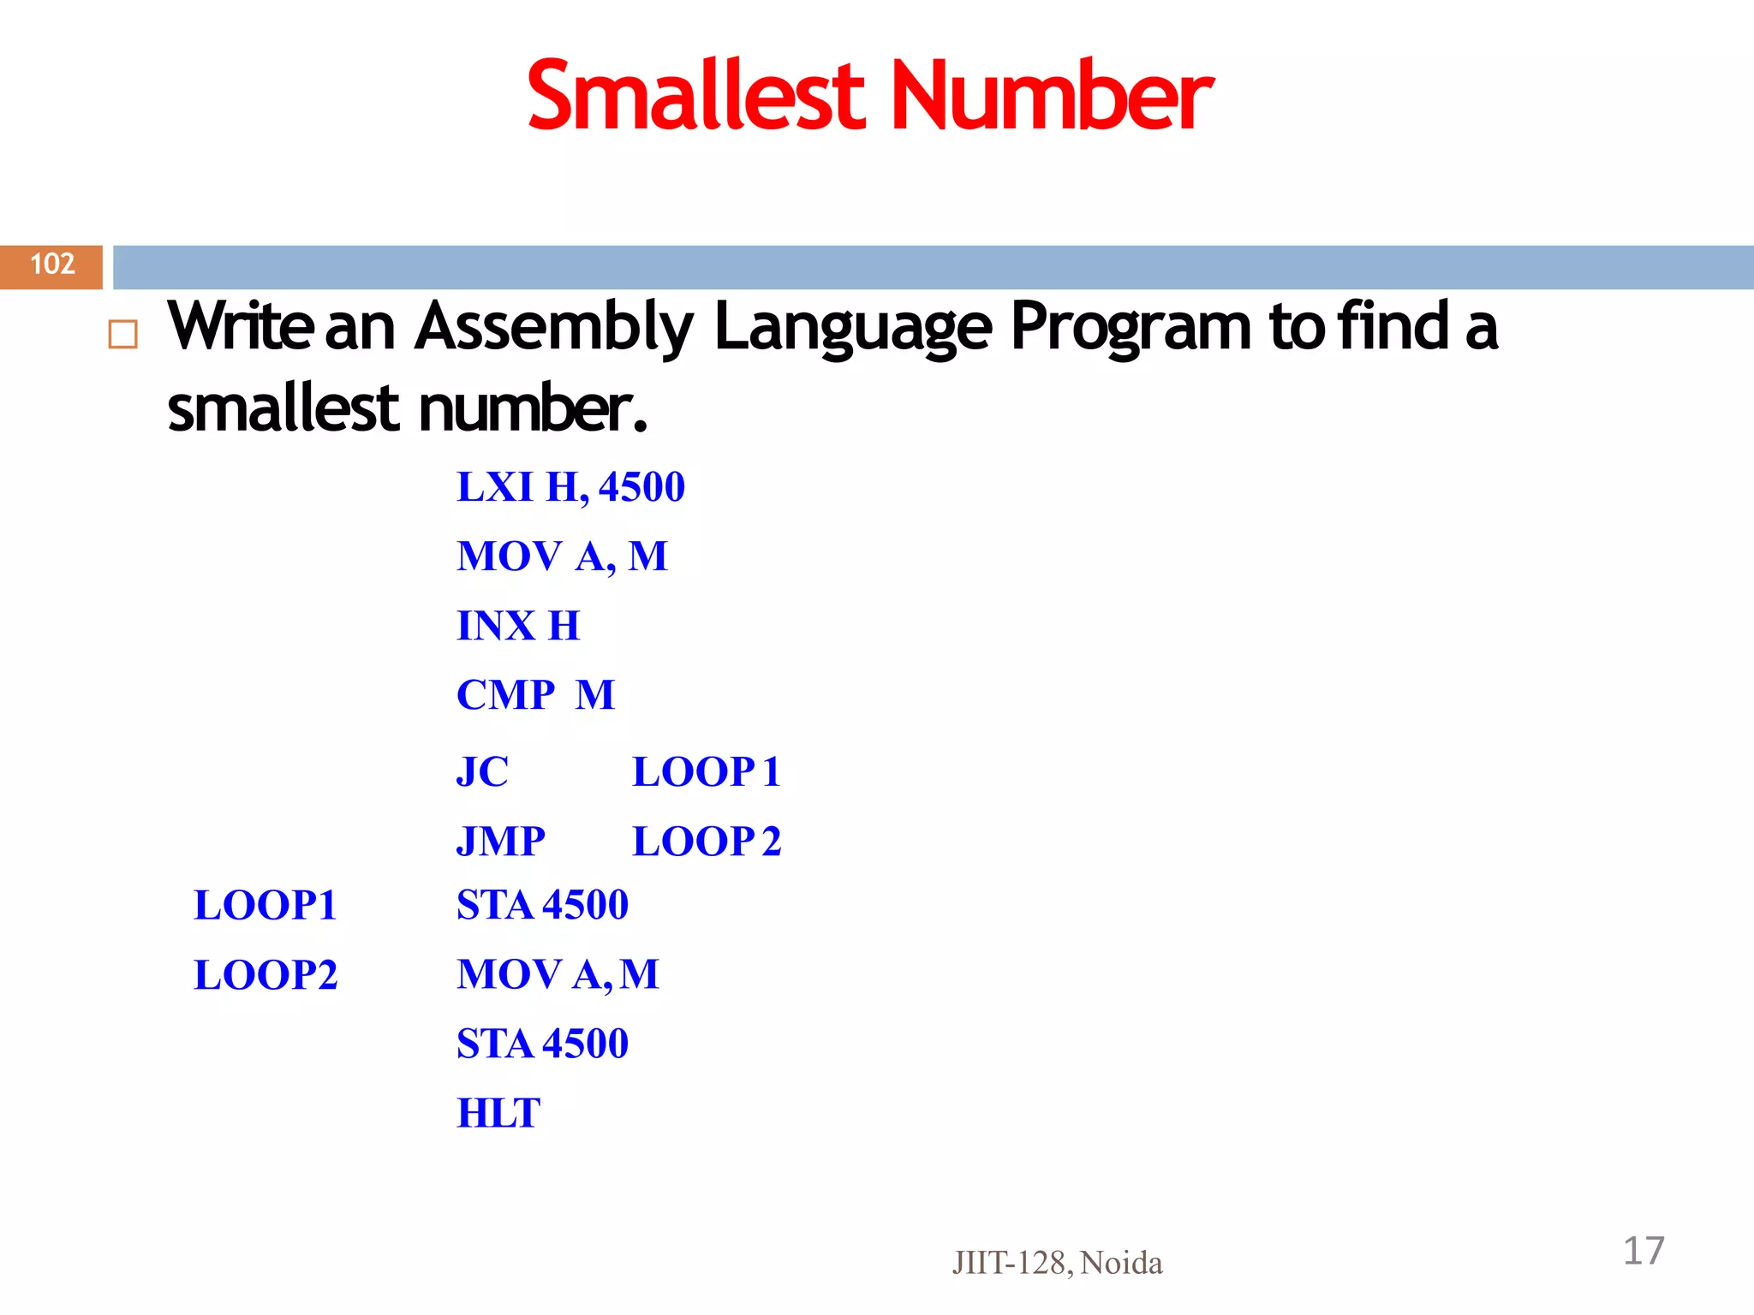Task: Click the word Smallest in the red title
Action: pyautogui.click(x=695, y=96)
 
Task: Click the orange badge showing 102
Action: pyautogui.click(x=52, y=265)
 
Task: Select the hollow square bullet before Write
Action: pyautogui.click(x=123, y=334)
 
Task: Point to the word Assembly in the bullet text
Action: pyautogui.click(x=553, y=327)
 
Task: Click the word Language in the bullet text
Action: pyautogui.click(x=853, y=327)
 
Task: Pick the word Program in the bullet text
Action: pyautogui.click(x=1131, y=327)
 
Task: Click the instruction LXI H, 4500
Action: pyautogui.click(x=570, y=487)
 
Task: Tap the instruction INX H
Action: pyautogui.click(x=518, y=626)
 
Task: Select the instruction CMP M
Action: pyautogui.click(x=535, y=694)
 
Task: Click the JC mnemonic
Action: pyautogui.click(x=482, y=771)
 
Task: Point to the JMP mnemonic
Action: pyautogui.click(x=500, y=841)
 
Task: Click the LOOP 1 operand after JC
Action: pyautogui.click(x=707, y=771)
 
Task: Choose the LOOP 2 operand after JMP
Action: pyautogui.click(x=707, y=841)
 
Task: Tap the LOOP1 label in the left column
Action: pyautogui.click(x=265, y=906)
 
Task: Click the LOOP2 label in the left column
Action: pyautogui.click(x=265, y=975)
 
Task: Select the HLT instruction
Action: pyautogui.click(x=498, y=1113)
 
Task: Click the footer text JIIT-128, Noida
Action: pyautogui.click(x=1057, y=1263)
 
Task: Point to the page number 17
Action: pyautogui.click(x=1644, y=1251)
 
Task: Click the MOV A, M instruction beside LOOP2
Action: pyautogui.click(x=558, y=974)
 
